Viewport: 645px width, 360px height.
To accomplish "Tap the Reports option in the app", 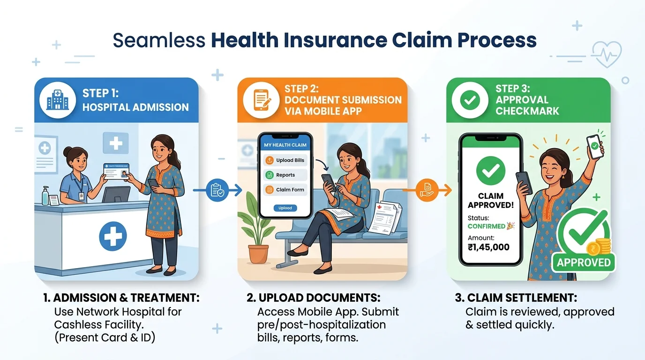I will pyautogui.click(x=285, y=175).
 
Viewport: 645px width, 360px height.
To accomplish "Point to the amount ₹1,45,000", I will pyautogui.click(x=488, y=247).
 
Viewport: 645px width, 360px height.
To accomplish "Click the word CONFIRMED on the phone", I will pyautogui.click(x=487, y=226).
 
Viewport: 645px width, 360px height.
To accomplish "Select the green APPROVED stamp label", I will pyautogui.click(x=584, y=262).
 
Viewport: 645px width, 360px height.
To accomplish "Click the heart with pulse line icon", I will pyautogui.click(x=607, y=54).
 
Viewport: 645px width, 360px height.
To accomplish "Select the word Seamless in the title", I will pyautogui.click(x=159, y=41).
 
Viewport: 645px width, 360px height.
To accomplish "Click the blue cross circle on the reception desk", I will pyautogui.click(x=113, y=236).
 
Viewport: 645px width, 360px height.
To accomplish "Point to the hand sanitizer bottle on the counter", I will pyautogui.click(x=45, y=195).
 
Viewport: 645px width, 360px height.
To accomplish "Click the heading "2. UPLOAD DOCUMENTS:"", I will pyautogui.click(x=313, y=298).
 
